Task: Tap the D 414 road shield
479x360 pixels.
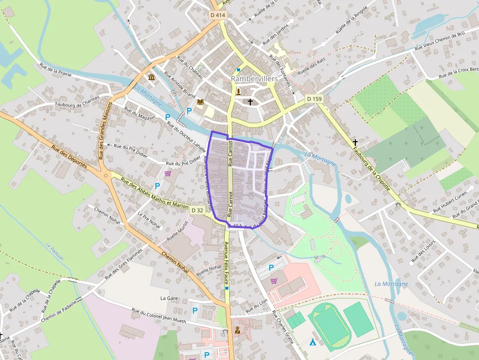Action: pos(218,15)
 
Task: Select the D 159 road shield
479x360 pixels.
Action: pos(314,99)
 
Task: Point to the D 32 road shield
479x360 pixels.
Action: pos(197,210)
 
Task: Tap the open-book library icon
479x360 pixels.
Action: pos(200,102)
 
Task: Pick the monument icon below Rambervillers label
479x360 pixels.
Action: pos(239,91)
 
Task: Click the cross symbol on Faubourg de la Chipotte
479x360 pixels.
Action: pos(355,142)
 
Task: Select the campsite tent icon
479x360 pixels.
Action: pos(312,341)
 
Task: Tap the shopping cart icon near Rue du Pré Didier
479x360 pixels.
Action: pos(168,173)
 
